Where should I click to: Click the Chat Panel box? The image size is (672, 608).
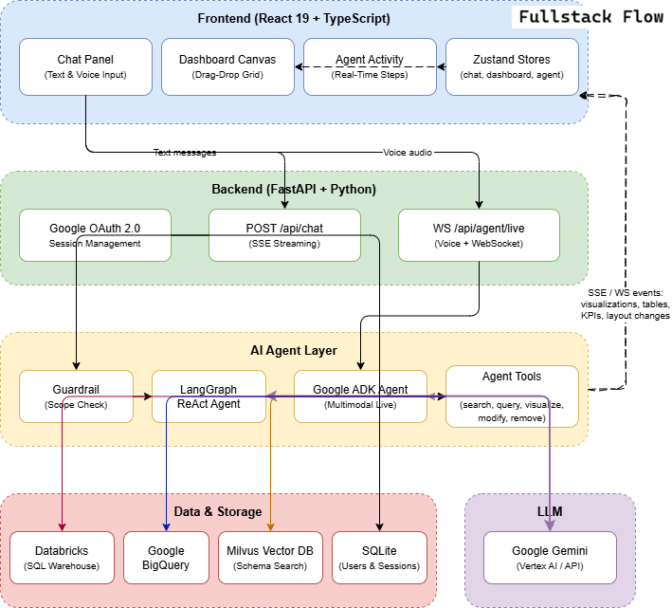point(85,66)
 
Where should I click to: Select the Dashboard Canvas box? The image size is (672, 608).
point(227,66)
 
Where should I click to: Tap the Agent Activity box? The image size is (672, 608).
point(370,66)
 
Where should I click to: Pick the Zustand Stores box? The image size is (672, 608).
point(512,66)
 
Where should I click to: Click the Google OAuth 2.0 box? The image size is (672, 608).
point(95,234)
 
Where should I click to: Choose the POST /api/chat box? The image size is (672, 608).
point(284,234)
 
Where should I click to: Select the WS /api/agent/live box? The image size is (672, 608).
point(479,234)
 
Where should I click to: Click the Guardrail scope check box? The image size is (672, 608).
point(76,396)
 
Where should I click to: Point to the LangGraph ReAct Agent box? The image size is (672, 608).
point(209,396)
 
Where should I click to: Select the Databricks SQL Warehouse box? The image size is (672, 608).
point(62,558)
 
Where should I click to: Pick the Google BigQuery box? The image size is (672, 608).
point(166,558)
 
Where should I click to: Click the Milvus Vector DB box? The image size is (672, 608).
point(270,558)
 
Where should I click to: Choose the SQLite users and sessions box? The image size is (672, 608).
point(379,558)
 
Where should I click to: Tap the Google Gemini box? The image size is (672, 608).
point(550,558)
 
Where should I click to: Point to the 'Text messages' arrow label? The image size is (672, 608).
point(185,152)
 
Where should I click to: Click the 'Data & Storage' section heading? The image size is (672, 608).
point(218,511)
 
